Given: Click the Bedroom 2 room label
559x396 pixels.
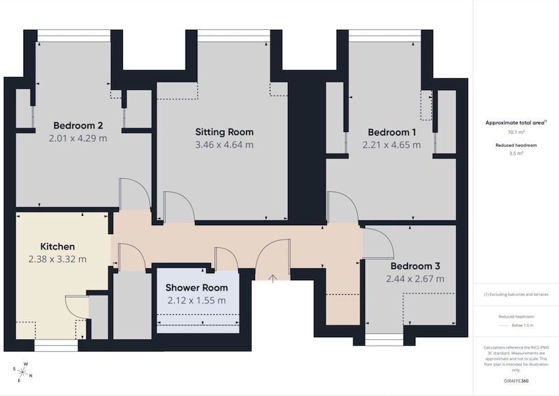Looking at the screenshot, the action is (78, 126).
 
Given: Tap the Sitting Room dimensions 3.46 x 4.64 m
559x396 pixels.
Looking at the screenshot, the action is (224, 145).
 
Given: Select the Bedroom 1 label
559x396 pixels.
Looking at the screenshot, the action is (392, 133).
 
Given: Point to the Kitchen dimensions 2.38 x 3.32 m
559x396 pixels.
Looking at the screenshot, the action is (57, 259).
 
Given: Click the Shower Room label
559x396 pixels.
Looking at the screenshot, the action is (196, 288).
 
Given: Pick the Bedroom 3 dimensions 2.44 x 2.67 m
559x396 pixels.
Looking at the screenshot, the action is (415, 279).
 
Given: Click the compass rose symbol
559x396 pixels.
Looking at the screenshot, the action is (22, 372).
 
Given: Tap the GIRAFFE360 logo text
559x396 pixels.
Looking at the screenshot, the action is (516, 381).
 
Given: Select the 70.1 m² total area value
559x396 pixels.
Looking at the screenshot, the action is (516, 132).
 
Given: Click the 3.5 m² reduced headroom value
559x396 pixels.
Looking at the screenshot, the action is (516, 154).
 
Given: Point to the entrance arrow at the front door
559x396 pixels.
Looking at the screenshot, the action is (273, 279).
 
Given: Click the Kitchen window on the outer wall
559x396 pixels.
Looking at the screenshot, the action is (56, 346).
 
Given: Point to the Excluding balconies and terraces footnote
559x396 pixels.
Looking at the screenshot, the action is (516, 295).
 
